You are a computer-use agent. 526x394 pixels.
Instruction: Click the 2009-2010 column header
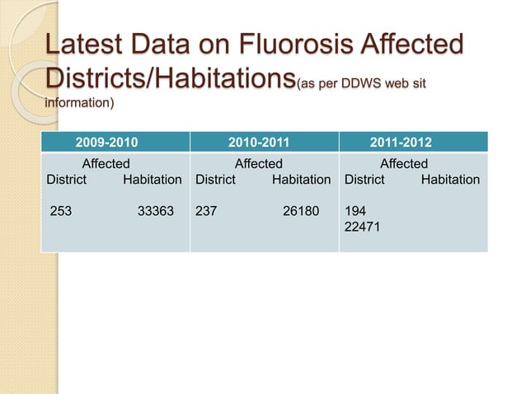(106, 142)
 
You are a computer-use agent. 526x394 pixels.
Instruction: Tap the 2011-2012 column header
(404, 142)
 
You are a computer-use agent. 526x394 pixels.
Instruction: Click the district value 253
(61, 210)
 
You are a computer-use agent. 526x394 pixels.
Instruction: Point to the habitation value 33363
(156, 210)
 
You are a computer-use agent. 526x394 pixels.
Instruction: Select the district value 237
(206, 210)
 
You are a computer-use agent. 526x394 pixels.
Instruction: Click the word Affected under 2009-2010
(106, 164)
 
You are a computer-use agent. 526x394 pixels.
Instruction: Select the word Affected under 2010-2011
(259, 164)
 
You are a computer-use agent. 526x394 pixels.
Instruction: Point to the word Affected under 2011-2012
(404, 164)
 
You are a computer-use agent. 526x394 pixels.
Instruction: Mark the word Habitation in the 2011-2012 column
(450, 179)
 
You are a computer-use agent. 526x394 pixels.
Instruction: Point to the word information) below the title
(78, 104)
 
